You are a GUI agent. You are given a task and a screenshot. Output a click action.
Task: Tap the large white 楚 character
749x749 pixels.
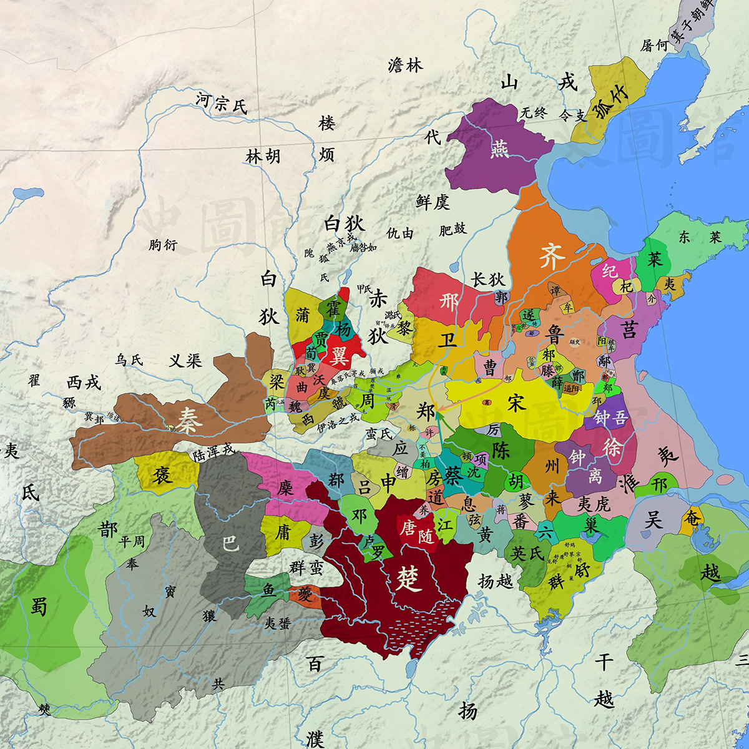click(x=409, y=579)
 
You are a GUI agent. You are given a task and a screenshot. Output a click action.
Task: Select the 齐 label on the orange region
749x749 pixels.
click(x=552, y=257)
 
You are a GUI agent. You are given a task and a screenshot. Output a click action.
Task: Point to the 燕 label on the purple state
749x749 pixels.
click(x=499, y=149)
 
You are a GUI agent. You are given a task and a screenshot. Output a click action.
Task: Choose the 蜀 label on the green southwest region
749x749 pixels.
click(x=39, y=605)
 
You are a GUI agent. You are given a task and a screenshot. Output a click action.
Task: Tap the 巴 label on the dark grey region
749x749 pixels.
click(x=230, y=543)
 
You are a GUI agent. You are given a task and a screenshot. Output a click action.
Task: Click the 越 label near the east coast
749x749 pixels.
click(x=710, y=572)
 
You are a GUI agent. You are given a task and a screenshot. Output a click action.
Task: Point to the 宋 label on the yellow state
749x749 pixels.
click(x=517, y=403)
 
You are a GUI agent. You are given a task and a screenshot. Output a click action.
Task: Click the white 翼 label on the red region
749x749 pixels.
click(x=339, y=356)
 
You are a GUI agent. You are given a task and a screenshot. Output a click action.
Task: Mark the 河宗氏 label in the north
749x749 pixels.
click(x=221, y=103)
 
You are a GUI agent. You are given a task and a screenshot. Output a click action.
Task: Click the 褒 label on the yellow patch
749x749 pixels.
click(x=163, y=474)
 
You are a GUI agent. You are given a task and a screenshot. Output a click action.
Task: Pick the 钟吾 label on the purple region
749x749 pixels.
click(x=610, y=418)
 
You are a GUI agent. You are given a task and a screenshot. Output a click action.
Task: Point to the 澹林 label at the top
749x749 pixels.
click(x=405, y=64)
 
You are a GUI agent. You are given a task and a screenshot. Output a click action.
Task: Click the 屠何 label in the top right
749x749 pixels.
click(x=654, y=46)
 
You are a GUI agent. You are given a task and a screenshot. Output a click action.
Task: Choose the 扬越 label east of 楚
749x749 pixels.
click(x=495, y=581)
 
